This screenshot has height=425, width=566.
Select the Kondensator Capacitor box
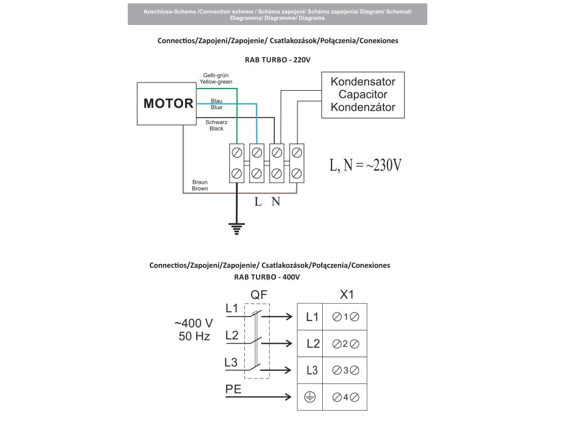click(363, 95)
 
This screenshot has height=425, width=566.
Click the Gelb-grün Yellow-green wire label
click(216, 78)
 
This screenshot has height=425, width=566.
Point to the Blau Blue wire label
click(217, 104)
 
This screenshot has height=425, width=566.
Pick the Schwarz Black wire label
click(216, 125)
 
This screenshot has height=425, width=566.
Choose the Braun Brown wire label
click(200, 185)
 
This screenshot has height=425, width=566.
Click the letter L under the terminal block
click(258, 201)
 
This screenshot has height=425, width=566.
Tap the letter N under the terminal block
click(276, 201)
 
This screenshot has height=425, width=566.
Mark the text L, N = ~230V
click(365, 165)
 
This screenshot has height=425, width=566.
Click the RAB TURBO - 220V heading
click(277, 59)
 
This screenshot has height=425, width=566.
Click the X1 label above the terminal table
click(346, 295)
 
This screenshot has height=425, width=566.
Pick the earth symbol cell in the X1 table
click(310, 397)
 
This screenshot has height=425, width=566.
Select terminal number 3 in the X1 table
click(345, 370)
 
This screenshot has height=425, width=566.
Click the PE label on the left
click(234, 389)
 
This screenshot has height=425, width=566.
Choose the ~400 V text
click(193, 323)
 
